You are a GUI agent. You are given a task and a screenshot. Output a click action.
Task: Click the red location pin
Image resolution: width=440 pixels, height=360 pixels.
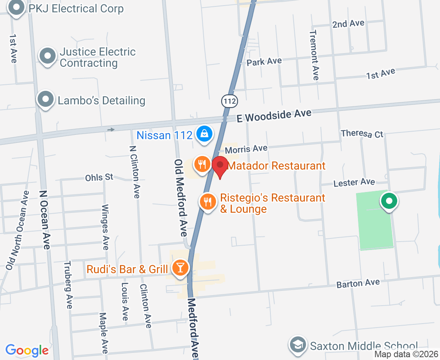[220, 166]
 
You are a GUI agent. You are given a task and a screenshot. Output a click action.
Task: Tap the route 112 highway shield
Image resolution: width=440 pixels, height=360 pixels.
[230, 101]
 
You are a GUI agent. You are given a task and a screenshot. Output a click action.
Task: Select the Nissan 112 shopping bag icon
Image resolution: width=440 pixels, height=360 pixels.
[204, 134]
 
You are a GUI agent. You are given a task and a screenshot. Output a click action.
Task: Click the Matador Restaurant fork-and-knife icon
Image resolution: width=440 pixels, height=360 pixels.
[202, 164]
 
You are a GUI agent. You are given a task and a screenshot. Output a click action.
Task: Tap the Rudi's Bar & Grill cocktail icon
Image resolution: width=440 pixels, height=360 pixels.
[180, 267]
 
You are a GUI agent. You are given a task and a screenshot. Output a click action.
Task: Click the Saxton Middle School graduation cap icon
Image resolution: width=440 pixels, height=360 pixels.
[298, 345]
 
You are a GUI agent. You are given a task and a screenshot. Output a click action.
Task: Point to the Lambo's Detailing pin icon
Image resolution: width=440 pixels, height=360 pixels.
[46, 100]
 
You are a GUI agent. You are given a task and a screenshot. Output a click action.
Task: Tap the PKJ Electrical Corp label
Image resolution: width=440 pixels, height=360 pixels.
[76, 8]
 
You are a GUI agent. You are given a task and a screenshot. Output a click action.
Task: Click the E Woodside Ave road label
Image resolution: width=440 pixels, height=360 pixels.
[274, 115]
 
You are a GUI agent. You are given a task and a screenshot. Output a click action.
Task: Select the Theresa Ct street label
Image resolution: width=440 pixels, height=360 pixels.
[362, 134]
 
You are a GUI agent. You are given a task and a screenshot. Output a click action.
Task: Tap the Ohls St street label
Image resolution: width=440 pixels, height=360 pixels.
[99, 177]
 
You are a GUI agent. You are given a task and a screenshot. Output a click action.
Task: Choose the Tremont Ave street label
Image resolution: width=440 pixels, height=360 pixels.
[314, 55]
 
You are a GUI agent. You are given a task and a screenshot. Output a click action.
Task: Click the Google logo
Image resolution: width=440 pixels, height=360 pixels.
[27, 350]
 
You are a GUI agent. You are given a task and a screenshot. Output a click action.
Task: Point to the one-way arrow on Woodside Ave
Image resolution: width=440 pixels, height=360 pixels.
[111, 129]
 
